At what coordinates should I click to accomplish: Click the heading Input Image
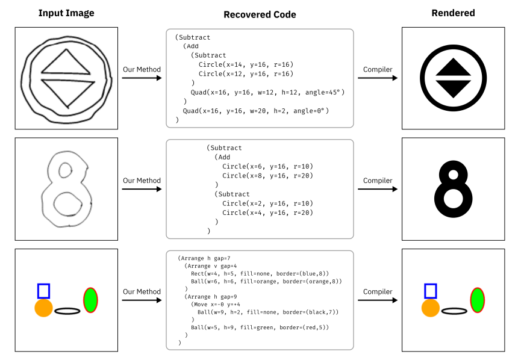click(x=66, y=13)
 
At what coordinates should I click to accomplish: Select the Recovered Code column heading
click(x=260, y=14)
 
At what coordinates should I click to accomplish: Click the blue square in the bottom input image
click(x=43, y=291)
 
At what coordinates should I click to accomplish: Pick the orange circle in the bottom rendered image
click(x=430, y=308)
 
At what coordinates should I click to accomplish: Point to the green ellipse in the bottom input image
click(x=91, y=300)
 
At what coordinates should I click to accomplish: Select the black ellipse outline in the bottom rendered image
click(x=454, y=311)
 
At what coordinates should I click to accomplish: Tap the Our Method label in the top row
click(x=142, y=69)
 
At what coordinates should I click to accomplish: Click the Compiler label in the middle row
click(x=378, y=181)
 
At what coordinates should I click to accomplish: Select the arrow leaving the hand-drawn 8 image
click(x=142, y=189)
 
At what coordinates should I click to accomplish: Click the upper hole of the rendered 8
click(x=454, y=175)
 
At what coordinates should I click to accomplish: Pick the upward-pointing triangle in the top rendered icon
click(x=453, y=67)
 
